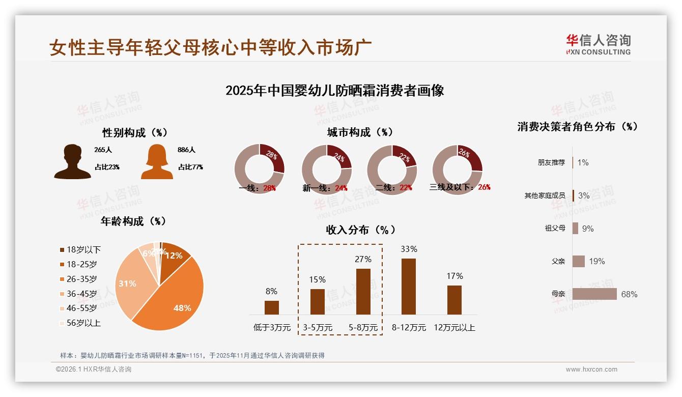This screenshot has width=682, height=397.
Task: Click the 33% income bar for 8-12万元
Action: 409,287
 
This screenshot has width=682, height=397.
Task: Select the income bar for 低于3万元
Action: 272,307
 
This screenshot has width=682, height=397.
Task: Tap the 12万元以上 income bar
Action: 454,300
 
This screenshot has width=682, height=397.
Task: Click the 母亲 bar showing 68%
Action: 594,294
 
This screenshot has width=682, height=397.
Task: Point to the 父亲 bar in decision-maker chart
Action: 579,261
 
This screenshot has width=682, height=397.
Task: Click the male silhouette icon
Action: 73,162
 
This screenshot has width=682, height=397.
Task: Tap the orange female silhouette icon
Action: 157,162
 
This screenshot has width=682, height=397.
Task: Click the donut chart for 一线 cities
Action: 259,169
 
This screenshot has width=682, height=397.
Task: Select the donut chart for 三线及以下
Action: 457,169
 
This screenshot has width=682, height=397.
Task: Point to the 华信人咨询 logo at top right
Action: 598,44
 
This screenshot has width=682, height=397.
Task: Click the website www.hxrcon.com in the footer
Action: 591,370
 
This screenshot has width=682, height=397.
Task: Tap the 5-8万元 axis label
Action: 363,328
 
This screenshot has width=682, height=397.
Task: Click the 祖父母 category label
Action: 555,229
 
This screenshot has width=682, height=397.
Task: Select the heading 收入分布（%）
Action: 360,230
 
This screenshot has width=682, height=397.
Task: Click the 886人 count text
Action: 187,150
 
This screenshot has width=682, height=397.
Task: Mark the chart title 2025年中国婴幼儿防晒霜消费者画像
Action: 334,91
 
